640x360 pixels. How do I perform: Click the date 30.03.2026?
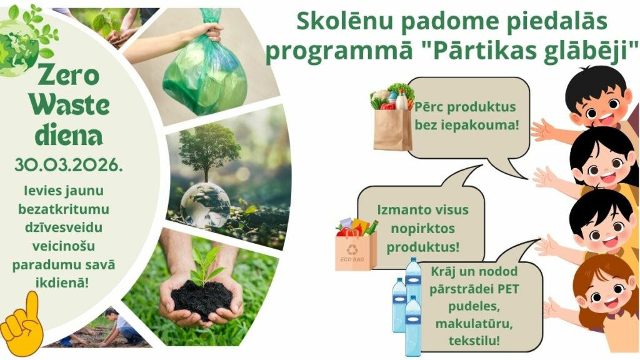[x=69, y=165]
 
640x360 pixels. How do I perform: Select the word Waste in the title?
[x=69, y=106]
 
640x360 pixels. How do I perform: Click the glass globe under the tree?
[x=205, y=205]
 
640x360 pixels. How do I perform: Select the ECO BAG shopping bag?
[x=356, y=246]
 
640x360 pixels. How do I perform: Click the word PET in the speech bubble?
[x=508, y=289]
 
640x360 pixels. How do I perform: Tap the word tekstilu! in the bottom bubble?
[x=474, y=341]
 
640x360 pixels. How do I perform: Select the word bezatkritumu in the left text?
[x=64, y=209]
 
